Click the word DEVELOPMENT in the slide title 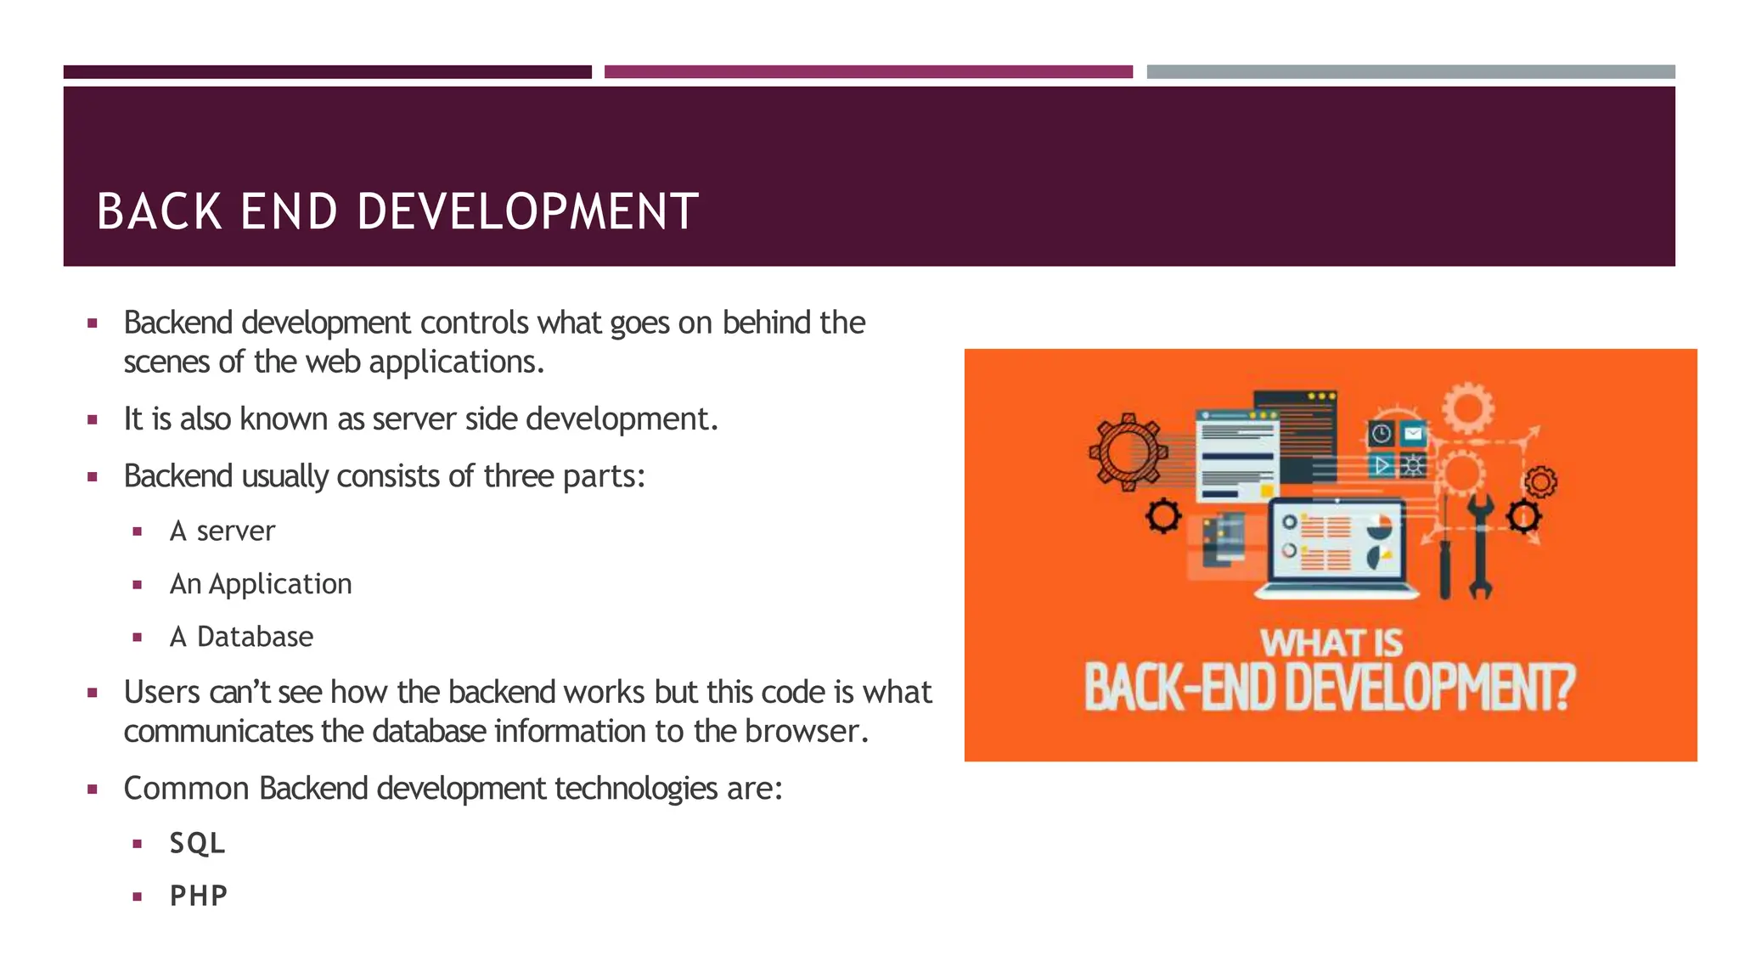527,211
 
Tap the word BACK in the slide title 160,211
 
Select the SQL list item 197,843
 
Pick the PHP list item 199,896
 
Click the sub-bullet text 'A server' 222,531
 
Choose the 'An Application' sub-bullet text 261,584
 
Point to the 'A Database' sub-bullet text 242,637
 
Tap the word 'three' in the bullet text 519,476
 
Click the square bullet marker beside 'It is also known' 93,419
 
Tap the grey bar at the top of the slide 1410,72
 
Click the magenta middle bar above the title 868,72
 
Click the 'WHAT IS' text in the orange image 1331,643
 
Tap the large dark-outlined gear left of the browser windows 1128,452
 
